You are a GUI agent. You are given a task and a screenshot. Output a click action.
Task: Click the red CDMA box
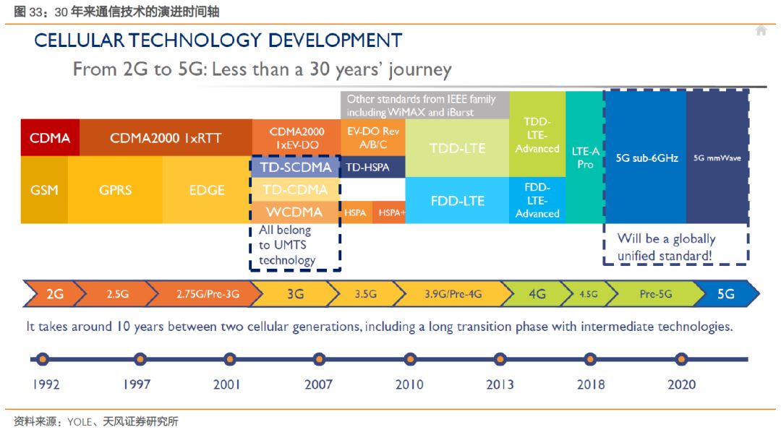coord(50,138)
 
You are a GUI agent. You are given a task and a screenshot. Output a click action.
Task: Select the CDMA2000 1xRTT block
coord(166,138)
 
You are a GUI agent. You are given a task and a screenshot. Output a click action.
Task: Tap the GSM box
coord(44,190)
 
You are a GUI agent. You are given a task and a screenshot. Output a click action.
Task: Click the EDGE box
coord(207,190)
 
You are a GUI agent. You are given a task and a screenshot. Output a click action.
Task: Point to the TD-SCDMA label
coord(296,167)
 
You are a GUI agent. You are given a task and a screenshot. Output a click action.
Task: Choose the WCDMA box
coord(296,212)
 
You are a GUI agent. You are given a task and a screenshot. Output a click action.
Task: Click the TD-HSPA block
coord(367,167)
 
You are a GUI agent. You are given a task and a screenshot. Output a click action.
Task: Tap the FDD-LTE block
coord(457,200)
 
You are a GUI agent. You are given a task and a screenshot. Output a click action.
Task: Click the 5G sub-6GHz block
coord(646,157)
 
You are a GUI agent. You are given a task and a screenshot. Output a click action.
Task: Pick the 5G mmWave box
coord(717,157)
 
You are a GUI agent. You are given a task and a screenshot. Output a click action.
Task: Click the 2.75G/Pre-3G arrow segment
coord(208,294)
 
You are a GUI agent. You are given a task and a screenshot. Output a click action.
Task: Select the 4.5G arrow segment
coord(588,294)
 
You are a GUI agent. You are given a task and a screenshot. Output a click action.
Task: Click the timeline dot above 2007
coord(319,358)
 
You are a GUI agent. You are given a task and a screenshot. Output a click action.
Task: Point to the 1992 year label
coord(46,384)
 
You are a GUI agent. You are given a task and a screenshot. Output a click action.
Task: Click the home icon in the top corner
coord(761,30)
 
